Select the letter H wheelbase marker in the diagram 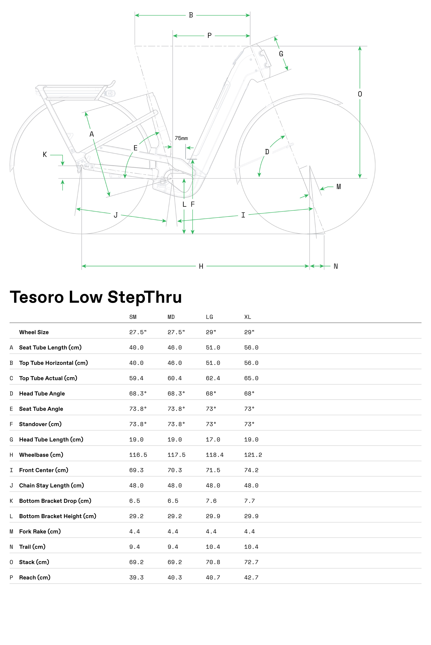[x=201, y=266]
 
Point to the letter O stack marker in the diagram [x=360, y=94]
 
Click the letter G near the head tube [x=281, y=54]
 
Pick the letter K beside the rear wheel [x=45, y=155]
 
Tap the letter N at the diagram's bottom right [x=336, y=266]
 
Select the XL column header [x=248, y=317]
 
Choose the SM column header [x=133, y=317]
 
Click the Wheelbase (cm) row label [x=41, y=455]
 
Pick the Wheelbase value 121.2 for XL [x=253, y=455]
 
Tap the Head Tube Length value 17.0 [x=213, y=440]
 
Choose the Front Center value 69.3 [x=136, y=470]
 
